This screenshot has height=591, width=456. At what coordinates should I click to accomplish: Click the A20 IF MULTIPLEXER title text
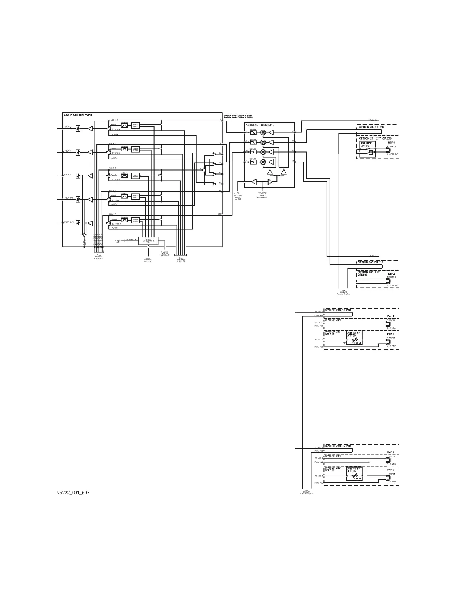point(78,115)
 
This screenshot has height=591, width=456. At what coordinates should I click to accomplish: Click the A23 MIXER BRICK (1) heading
point(260,125)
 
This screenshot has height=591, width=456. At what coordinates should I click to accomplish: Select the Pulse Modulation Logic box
point(148,241)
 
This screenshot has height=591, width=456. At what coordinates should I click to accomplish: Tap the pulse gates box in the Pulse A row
point(135,126)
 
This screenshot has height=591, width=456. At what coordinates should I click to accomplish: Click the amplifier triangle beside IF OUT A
point(90,128)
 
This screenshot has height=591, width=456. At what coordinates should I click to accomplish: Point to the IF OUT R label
point(67,174)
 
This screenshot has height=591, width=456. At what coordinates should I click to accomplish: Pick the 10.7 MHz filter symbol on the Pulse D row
point(124,220)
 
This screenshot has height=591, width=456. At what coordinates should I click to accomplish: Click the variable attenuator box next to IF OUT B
point(78,152)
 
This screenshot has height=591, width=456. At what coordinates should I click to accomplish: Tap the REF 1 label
point(391,143)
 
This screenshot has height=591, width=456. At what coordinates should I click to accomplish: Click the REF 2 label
point(391,273)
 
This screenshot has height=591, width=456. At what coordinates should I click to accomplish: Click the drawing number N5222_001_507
point(73,492)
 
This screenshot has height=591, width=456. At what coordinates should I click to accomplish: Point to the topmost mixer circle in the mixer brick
point(263,132)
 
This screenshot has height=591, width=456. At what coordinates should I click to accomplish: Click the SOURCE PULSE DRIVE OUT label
point(165,254)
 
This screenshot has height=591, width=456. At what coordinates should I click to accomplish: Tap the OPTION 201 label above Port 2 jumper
point(333,456)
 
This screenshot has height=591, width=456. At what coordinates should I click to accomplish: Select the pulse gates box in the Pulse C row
point(135,196)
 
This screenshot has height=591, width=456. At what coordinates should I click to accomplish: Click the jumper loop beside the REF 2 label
point(388,281)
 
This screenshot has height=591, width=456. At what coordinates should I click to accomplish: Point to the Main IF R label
point(113,168)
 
